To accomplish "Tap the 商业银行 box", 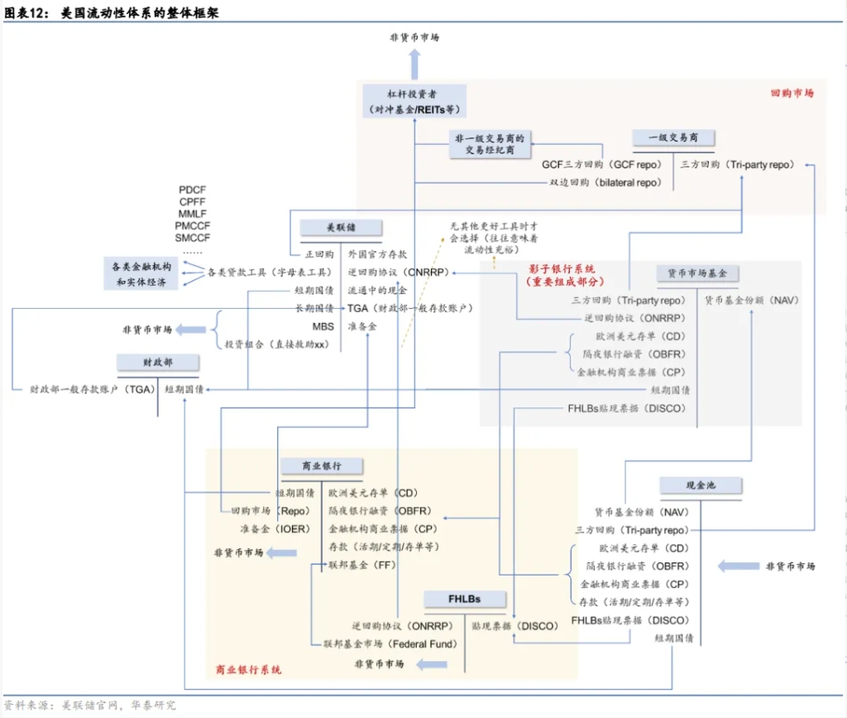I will coord(311,466).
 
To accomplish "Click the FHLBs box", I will coord(465,599).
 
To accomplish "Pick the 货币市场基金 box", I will coord(697,273).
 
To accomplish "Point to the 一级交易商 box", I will coord(673,137).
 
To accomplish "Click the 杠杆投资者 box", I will coord(414,101).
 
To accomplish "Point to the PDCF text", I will coord(193,190).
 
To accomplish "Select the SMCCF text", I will coord(193,238).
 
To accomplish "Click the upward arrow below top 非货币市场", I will coord(414,63).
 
